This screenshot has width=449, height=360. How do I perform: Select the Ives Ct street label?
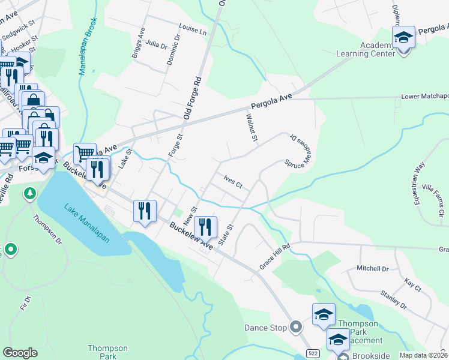point(232,182)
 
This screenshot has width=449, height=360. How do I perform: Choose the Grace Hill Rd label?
point(274,255)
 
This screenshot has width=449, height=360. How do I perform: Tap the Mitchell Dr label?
point(373,268)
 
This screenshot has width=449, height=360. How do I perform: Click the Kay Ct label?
point(413,285)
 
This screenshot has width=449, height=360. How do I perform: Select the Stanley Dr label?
point(393,299)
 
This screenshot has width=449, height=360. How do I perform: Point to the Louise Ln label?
point(192,28)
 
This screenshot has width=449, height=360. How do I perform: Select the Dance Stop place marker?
point(295,328)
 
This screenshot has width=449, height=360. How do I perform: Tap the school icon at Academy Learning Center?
point(404,37)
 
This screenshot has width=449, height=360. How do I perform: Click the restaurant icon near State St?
point(205,226)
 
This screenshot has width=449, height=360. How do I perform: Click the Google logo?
point(20,353)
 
